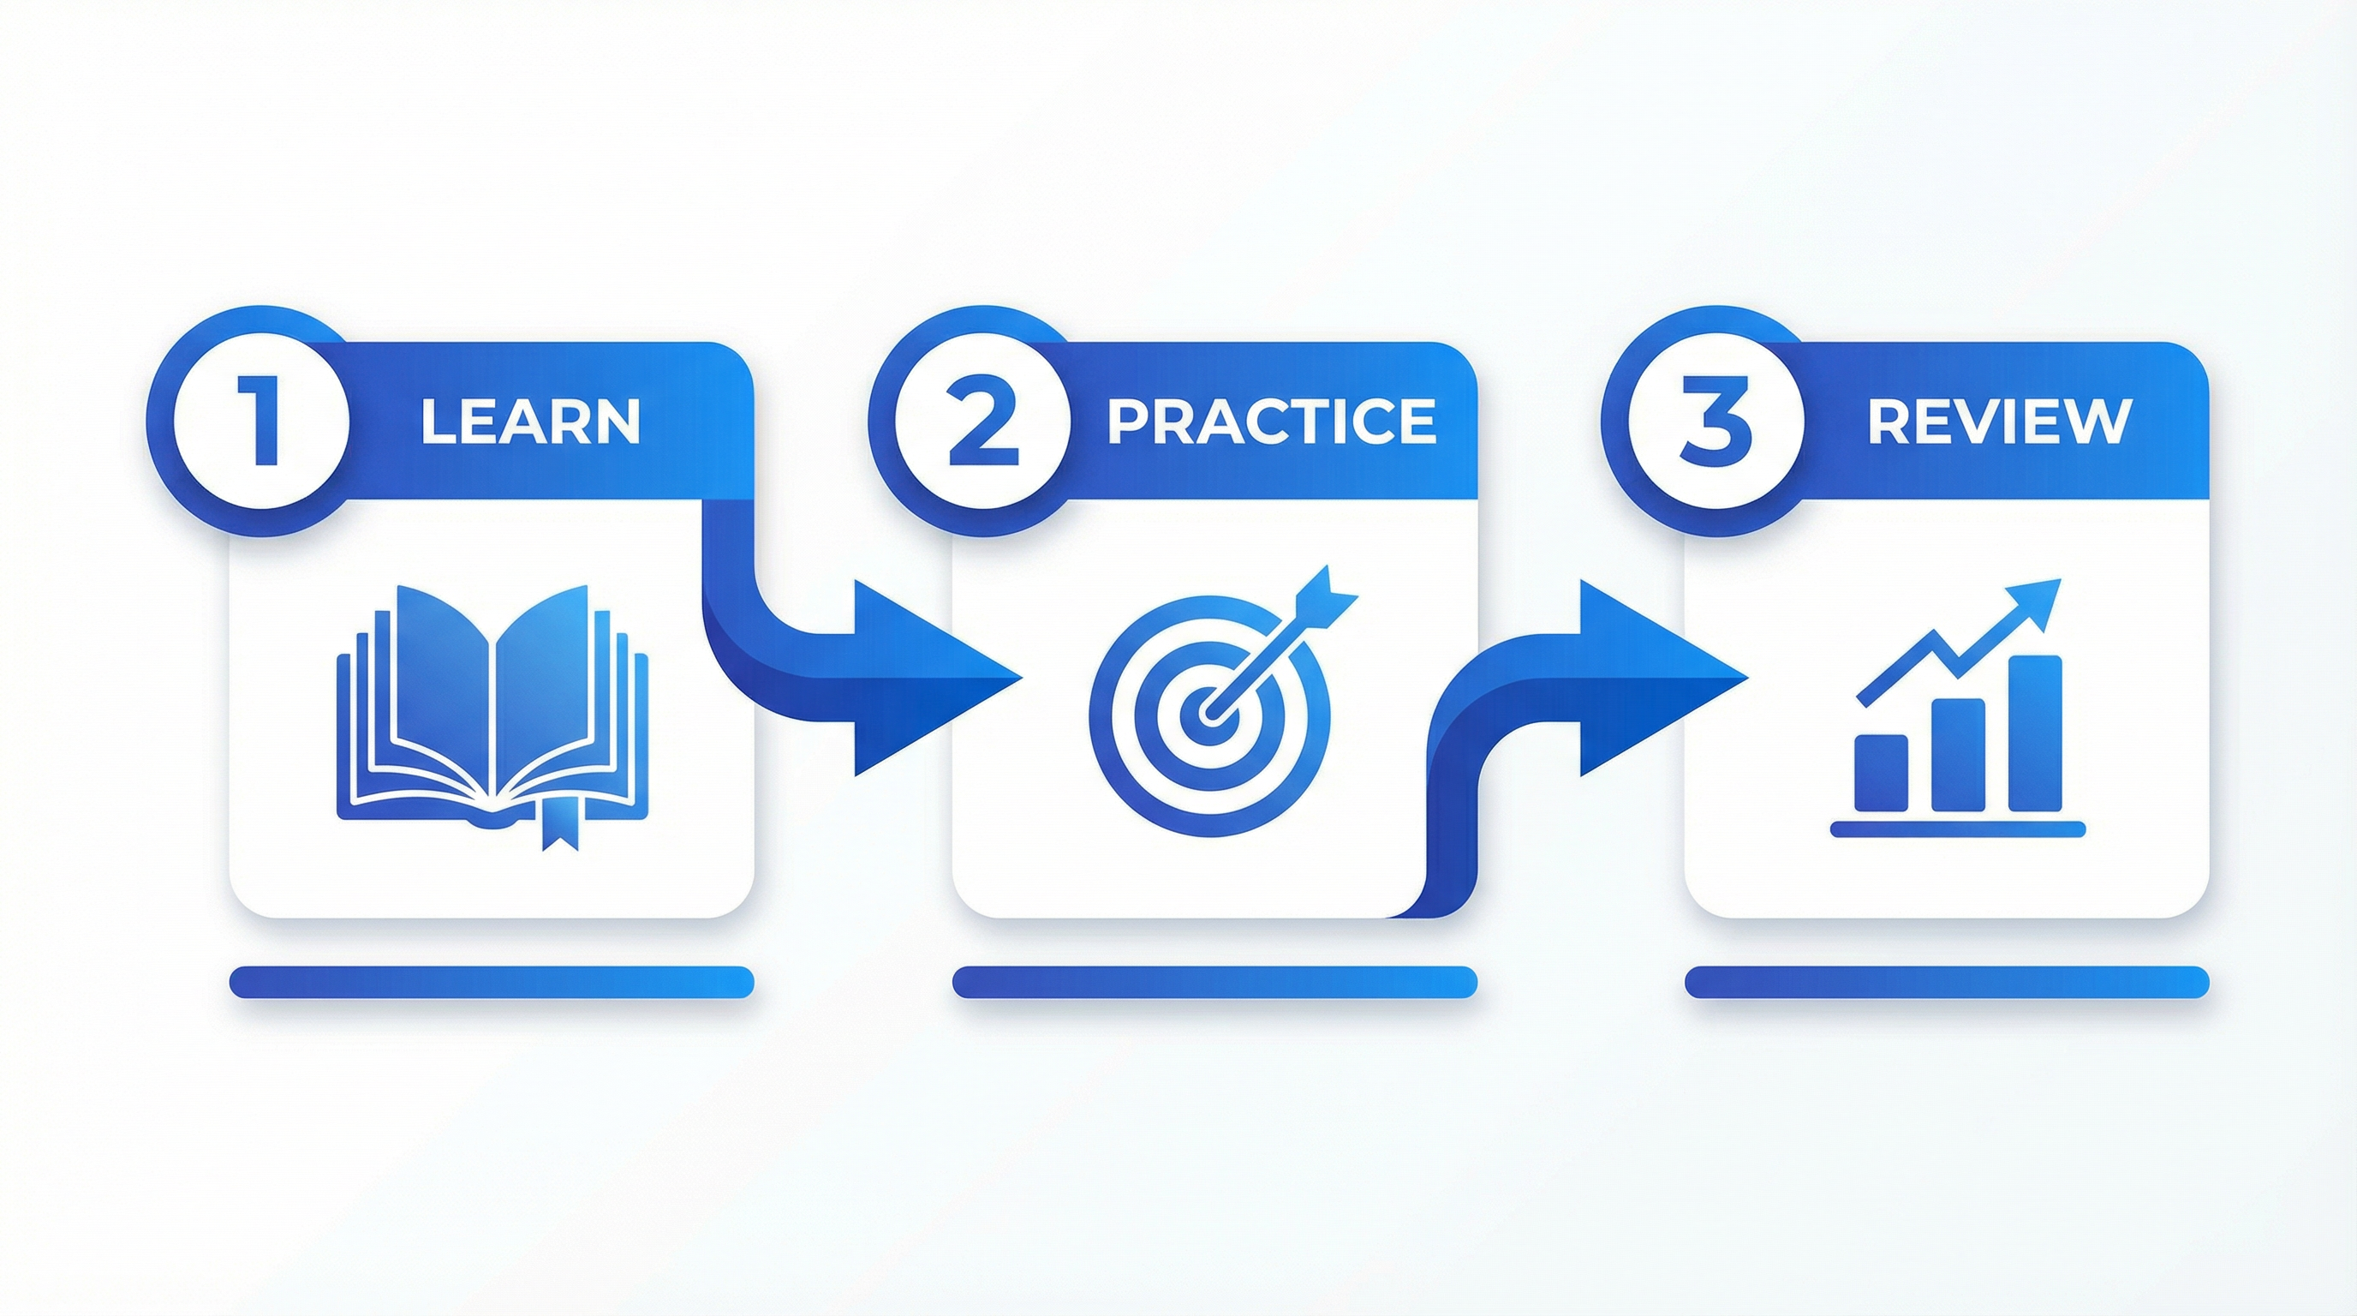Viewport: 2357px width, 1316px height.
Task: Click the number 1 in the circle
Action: [262, 422]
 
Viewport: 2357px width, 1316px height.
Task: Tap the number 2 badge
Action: [982, 422]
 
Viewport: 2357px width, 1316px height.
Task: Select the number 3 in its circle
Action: [1716, 422]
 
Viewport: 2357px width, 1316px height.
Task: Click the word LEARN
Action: [530, 422]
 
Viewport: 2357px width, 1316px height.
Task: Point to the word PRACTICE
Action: [1271, 422]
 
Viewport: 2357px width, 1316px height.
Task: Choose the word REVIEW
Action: [1999, 422]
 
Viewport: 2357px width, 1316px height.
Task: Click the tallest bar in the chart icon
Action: [2035, 733]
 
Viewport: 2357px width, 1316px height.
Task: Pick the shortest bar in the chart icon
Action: [1881, 774]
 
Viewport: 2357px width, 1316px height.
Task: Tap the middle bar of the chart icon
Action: [1958, 754]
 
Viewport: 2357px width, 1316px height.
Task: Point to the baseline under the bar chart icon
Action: [1958, 829]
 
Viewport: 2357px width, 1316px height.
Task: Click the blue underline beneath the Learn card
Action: [492, 981]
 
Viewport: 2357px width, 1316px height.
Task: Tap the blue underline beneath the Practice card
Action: [1214, 981]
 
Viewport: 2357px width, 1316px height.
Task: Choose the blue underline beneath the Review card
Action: [1946, 981]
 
